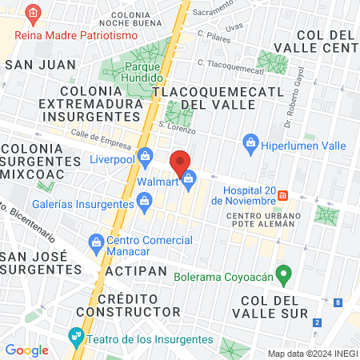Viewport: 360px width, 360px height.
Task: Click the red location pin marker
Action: (x=180, y=162)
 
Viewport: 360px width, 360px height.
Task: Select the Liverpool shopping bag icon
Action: (x=145, y=156)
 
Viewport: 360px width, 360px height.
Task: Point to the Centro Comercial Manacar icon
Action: (x=96, y=241)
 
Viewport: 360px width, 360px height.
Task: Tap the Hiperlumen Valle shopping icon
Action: (x=250, y=144)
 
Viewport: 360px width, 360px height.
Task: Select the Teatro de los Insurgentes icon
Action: (x=76, y=335)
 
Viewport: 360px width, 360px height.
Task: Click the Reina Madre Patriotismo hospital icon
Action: (x=33, y=13)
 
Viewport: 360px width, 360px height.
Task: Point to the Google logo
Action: (x=26, y=350)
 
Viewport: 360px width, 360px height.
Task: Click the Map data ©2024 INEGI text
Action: (x=311, y=353)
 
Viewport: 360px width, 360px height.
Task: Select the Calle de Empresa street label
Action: (x=100, y=138)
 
